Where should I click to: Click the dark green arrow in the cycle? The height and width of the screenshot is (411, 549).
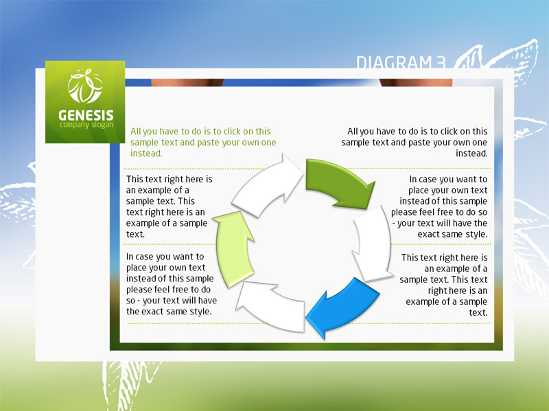tap(336, 182)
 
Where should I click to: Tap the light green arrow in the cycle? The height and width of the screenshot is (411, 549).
tap(233, 248)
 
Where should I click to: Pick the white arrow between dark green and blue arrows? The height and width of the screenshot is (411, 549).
tap(373, 243)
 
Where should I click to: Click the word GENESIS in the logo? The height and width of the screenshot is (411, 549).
tap(86, 115)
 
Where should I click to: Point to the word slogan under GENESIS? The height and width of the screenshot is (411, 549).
tap(102, 125)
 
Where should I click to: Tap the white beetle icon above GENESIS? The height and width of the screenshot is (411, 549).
tap(85, 86)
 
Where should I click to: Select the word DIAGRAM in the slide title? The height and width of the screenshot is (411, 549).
tap(394, 63)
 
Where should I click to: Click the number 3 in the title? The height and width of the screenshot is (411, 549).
tap(441, 63)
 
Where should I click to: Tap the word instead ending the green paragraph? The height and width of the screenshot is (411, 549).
tap(146, 153)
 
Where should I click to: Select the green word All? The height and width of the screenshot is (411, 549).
tap(135, 132)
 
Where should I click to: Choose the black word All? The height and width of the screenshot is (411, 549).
tap(353, 132)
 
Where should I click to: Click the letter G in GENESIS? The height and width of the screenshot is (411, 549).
tap(62, 115)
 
